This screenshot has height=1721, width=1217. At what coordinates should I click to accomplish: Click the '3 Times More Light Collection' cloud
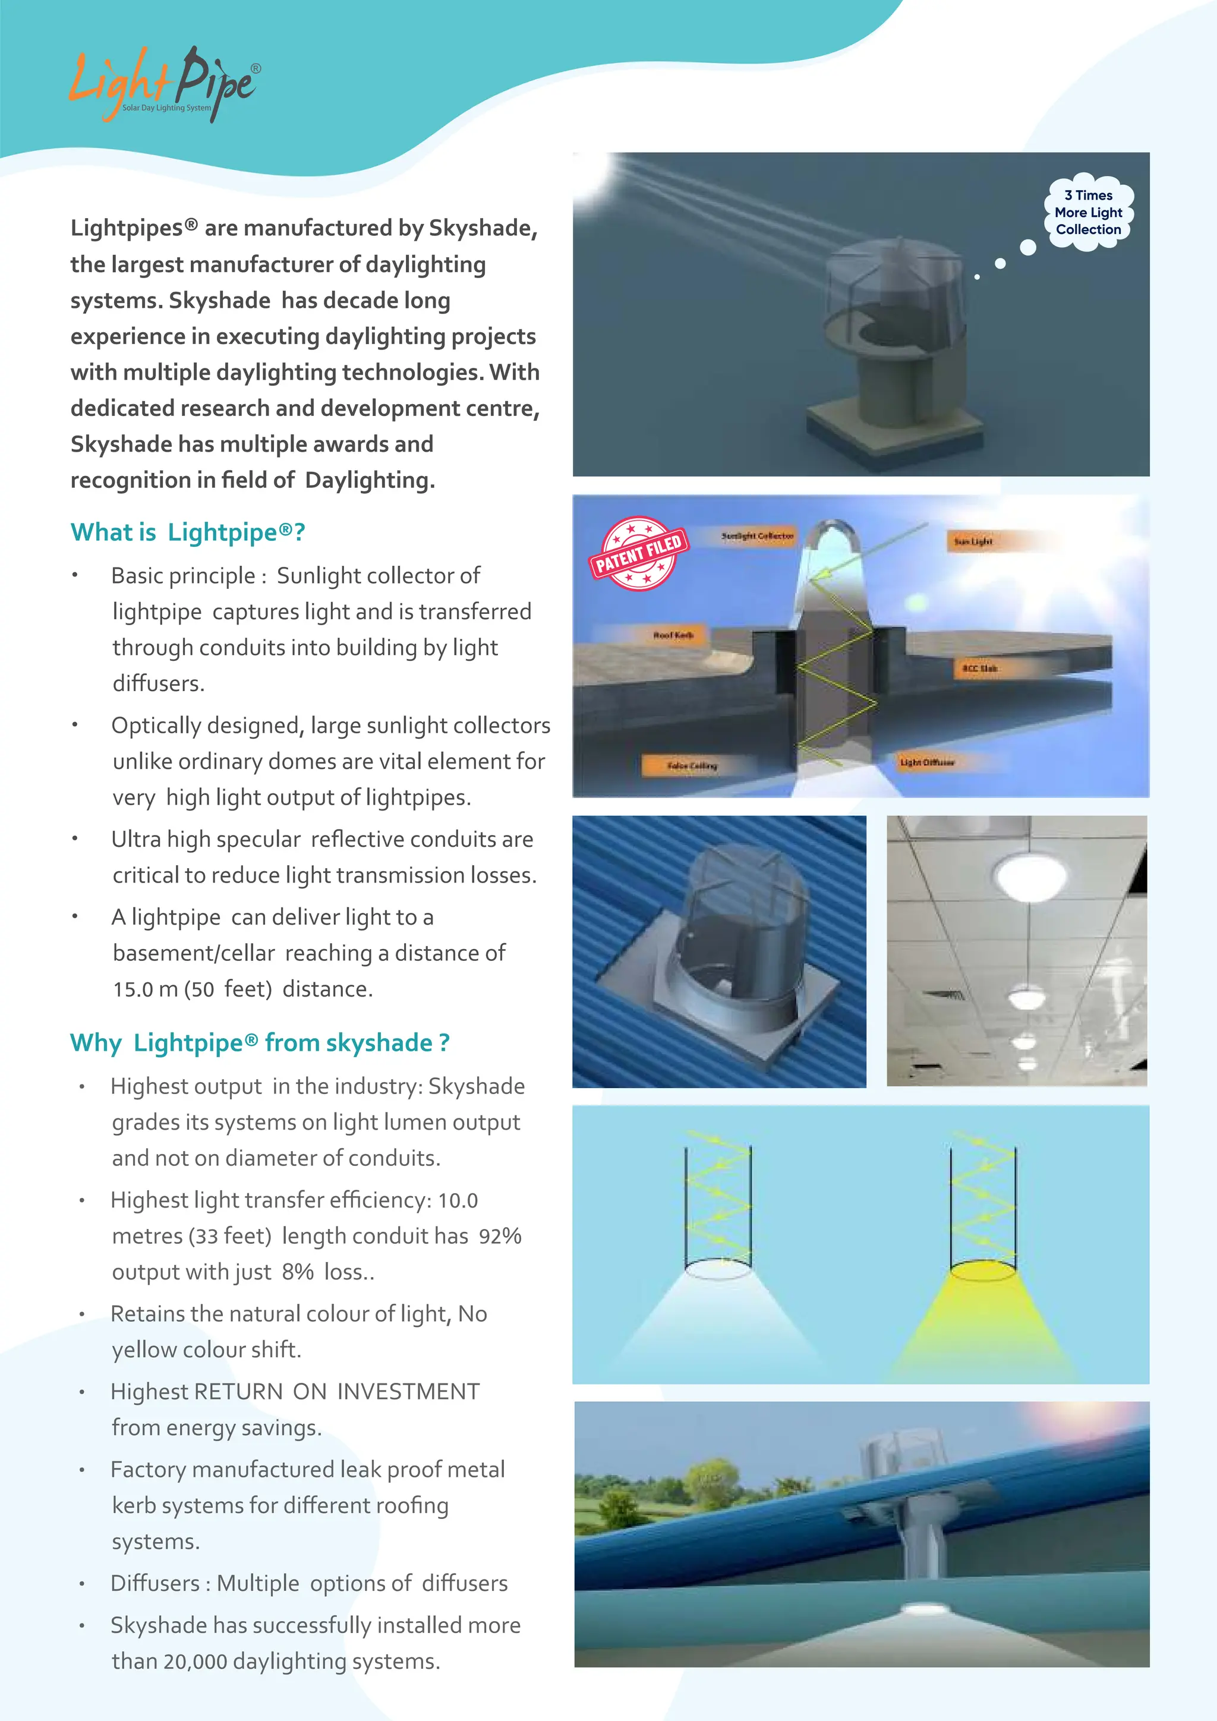1088,213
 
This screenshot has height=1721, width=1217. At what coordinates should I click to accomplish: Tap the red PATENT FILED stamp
638,553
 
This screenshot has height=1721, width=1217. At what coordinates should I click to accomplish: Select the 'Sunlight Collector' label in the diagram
757,536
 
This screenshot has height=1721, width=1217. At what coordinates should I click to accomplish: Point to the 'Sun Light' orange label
973,541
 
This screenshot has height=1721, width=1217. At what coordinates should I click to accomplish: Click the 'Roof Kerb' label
673,635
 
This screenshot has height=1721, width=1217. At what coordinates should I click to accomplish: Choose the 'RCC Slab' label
979,668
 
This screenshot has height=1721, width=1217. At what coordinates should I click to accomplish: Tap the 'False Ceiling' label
691,765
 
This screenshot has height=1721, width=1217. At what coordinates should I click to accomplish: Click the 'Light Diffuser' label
927,762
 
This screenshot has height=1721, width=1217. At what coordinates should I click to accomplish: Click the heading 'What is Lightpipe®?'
187,532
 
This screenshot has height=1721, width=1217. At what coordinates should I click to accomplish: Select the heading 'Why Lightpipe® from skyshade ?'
259,1043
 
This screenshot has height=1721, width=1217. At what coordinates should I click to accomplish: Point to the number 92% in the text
500,1236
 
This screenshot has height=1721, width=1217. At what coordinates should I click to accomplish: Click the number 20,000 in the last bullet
195,1662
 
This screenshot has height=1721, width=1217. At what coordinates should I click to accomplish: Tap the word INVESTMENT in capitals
408,1392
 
